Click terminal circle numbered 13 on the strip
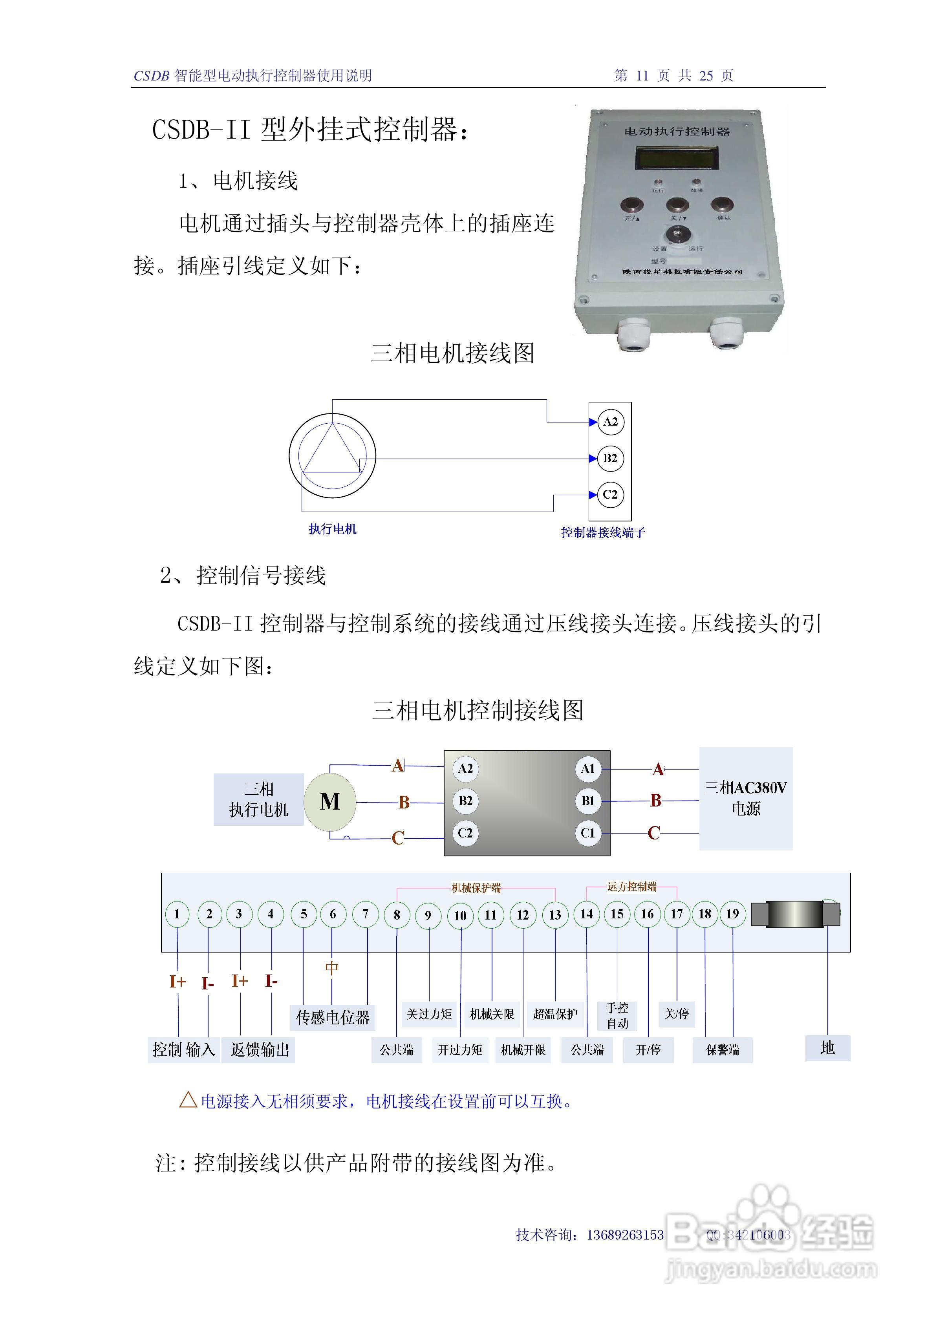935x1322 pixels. [x=555, y=915]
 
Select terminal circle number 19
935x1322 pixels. [x=732, y=914]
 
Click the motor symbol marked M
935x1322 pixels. [x=330, y=801]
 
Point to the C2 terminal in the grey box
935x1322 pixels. [x=465, y=833]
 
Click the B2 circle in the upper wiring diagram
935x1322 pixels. [x=610, y=458]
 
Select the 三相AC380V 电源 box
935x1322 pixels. [x=746, y=798]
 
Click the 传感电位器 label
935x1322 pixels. [x=333, y=1017]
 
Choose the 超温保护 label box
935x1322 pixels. [x=555, y=1014]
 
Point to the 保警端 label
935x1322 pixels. [x=723, y=1050]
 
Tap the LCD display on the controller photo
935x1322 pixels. [x=677, y=158]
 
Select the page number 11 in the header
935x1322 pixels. [x=642, y=75]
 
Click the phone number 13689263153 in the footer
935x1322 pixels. [x=625, y=1234]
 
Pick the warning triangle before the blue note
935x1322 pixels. [x=188, y=1100]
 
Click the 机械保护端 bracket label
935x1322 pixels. [x=476, y=888]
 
